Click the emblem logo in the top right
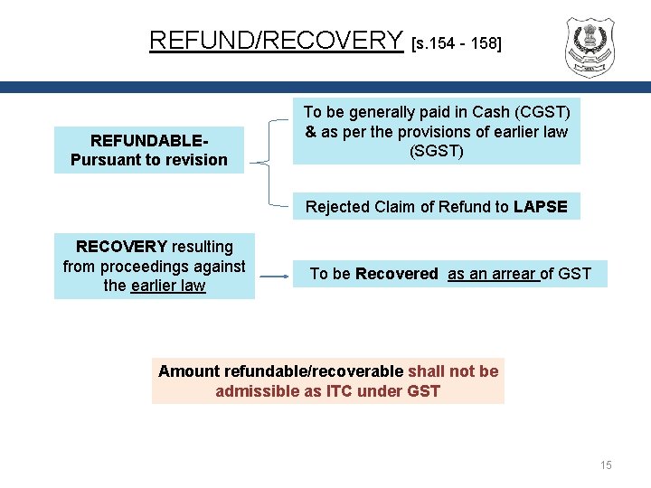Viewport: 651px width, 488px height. [x=589, y=47]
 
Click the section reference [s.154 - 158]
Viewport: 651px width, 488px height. [x=456, y=42]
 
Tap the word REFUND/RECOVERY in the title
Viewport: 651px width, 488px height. [x=276, y=41]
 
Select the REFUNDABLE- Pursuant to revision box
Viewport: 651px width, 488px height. [x=149, y=150]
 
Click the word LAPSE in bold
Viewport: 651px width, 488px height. [x=540, y=207]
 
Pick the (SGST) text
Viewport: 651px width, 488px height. [x=437, y=150]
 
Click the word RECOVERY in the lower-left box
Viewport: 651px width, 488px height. [x=122, y=247]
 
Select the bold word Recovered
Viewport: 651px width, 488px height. [x=396, y=274]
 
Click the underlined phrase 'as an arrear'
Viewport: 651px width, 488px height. [x=493, y=274]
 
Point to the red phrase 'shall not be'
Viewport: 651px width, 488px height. [x=453, y=371]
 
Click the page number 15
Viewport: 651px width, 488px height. [x=606, y=465]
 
